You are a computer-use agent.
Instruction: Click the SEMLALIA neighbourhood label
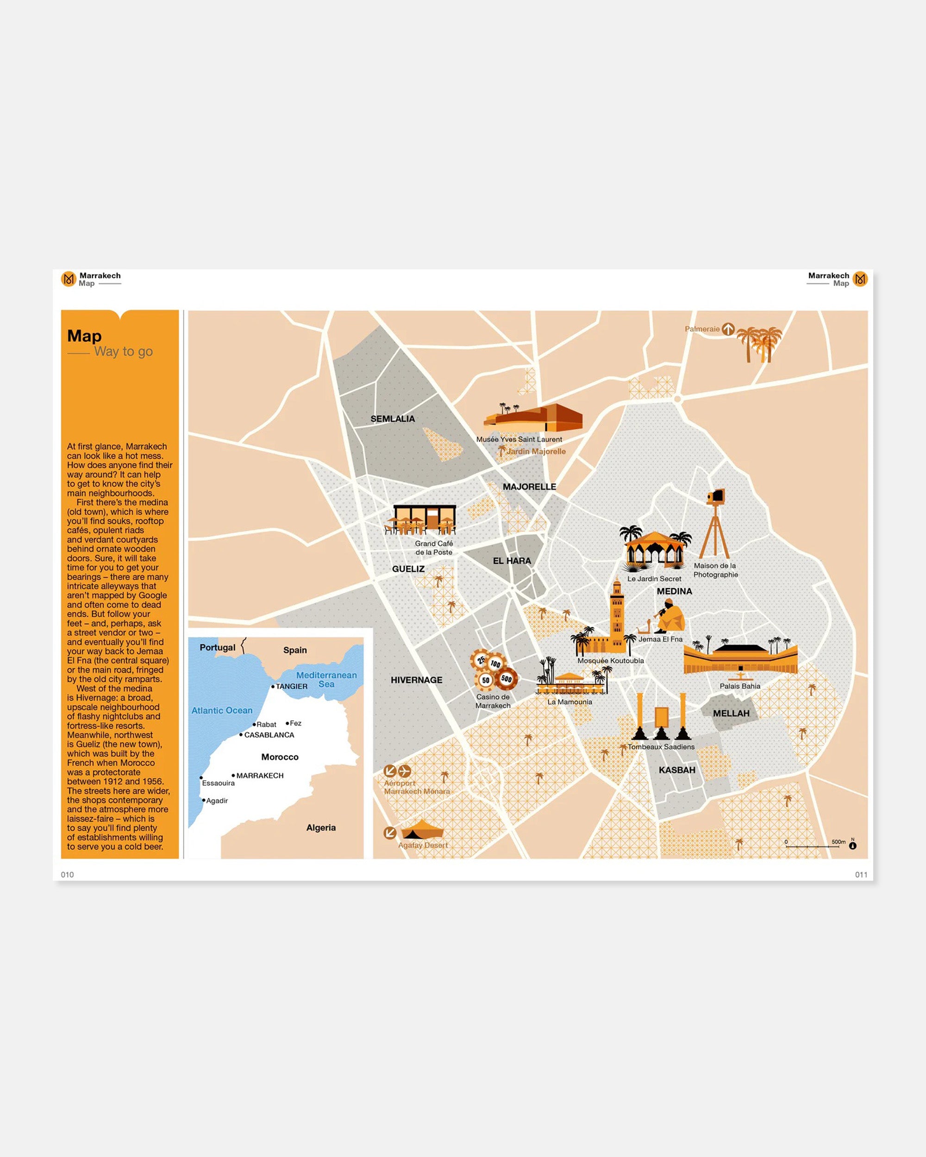393,418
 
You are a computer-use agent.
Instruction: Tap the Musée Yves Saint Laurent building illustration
534,418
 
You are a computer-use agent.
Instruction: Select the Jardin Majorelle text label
536,451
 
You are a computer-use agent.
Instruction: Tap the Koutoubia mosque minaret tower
617,612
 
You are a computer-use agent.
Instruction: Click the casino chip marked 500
506,679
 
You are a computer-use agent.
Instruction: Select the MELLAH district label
731,713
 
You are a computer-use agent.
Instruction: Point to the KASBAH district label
676,770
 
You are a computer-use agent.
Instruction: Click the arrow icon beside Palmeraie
728,329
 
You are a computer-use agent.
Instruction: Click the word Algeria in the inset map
321,827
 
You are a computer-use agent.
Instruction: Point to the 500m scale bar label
838,841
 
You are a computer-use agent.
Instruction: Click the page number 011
861,875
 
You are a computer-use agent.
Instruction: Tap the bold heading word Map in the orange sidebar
84,336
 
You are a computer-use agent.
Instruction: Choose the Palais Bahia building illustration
740,660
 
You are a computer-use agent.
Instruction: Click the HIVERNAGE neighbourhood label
417,680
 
